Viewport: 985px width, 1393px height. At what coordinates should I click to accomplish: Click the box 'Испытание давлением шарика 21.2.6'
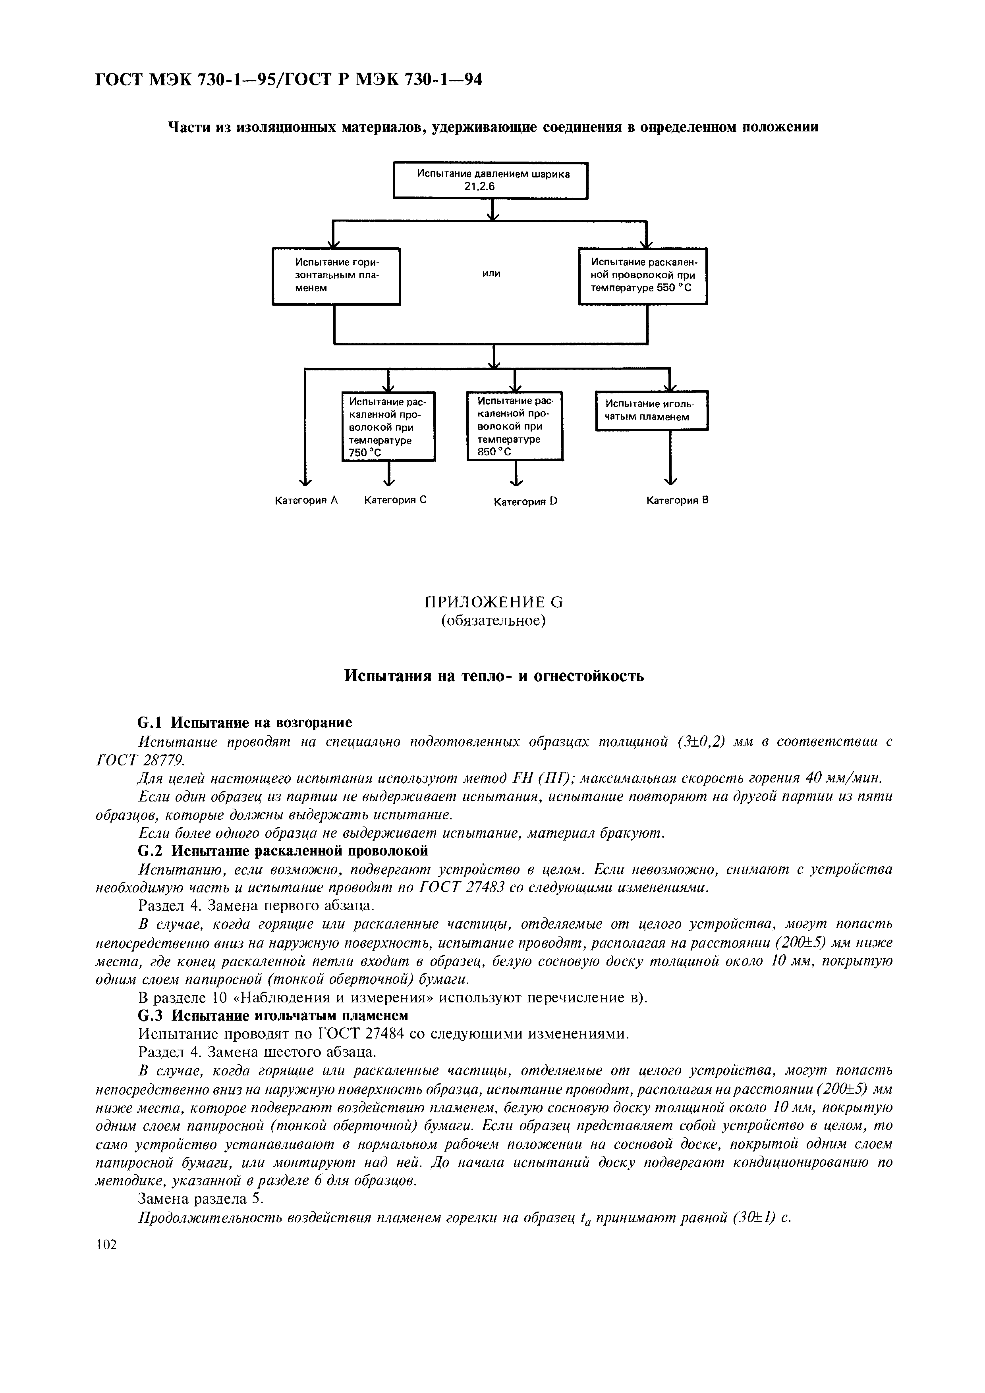click(491, 180)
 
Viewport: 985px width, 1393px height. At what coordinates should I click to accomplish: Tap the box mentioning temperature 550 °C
click(643, 276)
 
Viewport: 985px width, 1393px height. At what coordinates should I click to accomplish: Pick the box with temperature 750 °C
click(388, 426)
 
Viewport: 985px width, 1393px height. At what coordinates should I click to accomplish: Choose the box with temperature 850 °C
click(515, 426)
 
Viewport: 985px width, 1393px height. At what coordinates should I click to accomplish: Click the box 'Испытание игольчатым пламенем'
click(651, 411)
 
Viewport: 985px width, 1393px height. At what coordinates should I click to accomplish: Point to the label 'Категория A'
click(306, 501)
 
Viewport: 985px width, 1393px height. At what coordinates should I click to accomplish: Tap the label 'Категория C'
click(395, 500)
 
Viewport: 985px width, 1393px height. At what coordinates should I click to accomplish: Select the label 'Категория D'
click(525, 502)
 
